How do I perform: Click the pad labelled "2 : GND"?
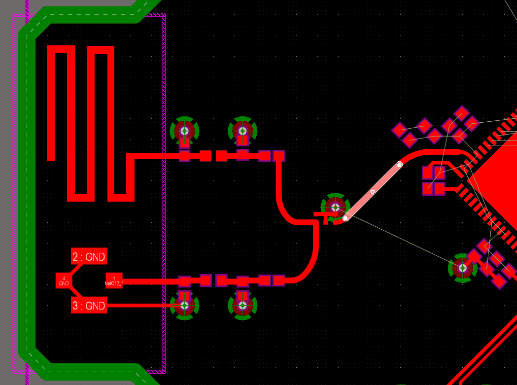tap(89, 256)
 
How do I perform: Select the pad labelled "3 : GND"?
tap(89, 306)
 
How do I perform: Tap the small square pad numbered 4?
tap(64, 280)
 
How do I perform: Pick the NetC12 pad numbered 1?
tap(114, 280)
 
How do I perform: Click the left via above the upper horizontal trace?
tap(184, 131)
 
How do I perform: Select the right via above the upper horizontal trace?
tap(242, 131)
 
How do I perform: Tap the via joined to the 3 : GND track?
tap(184, 306)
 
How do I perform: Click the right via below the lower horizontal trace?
tap(242, 306)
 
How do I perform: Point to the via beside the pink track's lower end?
tap(336, 207)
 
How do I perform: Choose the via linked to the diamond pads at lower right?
tap(462, 268)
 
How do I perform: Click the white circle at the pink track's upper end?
tap(399, 165)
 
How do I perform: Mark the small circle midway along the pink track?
tap(373, 192)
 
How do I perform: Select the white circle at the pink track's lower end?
tap(345, 218)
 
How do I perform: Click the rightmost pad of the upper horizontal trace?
tap(279, 156)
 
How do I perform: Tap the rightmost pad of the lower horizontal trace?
tap(279, 280)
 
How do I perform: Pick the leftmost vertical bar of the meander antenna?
tap(51, 104)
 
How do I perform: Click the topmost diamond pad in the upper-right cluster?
tap(462, 113)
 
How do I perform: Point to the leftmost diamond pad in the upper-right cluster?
tap(399, 130)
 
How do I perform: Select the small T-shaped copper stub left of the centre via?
tap(322, 216)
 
